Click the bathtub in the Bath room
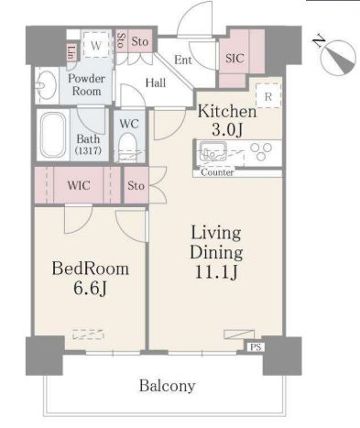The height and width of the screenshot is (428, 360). [x=53, y=135]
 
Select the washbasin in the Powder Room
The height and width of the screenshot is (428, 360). [x=47, y=85]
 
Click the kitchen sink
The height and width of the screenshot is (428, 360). [x=213, y=152]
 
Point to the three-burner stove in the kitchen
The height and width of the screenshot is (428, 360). [x=261, y=152]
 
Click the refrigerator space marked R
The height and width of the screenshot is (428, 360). [x=268, y=96]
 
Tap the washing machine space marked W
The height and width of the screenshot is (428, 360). [x=96, y=45]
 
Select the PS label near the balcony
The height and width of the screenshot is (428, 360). [x=256, y=347]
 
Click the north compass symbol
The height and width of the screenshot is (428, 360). [x=338, y=57]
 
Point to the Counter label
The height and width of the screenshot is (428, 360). [x=217, y=172]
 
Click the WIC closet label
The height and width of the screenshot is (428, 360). [x=79, y=185]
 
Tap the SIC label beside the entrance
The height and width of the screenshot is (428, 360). [x=235, y=58]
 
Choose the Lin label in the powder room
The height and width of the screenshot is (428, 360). [x=71, y=52]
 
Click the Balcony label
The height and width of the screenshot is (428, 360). [x=168, y=386]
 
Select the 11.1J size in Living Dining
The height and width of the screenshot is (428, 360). [x=216, y=272]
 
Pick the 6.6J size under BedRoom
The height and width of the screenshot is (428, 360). [x=90, y=288]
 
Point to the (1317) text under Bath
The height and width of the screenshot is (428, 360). [x=89, y=150]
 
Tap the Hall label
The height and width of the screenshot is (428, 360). [x=156, y=82]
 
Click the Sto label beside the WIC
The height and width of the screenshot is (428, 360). [x=136, y=185]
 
